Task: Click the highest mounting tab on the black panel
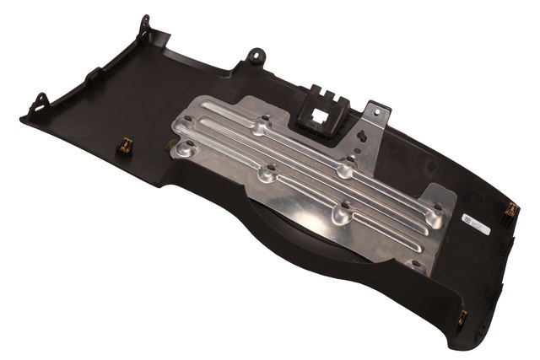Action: point(145,23)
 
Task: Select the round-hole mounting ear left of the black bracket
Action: point(253,56)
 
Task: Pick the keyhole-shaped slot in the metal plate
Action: point(359,136)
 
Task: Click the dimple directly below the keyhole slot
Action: point(344,170)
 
